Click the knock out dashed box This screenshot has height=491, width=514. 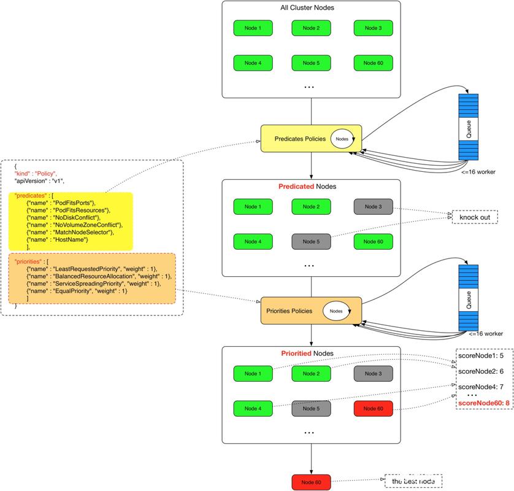click(x=474, y=217)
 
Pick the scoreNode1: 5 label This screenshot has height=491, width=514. click(x=480, y=355)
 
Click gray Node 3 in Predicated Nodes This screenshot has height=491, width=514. click(x=372, y=207)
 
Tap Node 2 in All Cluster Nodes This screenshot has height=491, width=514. click(x=311, y=28)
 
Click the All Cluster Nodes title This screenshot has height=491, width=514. click(x=311, y=8)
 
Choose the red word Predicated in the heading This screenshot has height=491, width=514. click(x=295, y=186)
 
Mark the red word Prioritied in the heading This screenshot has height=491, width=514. click(x=295, y=354)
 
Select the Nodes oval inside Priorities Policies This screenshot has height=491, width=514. click(x=336, y=311)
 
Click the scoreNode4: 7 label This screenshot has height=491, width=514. click(x=480, y=387)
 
